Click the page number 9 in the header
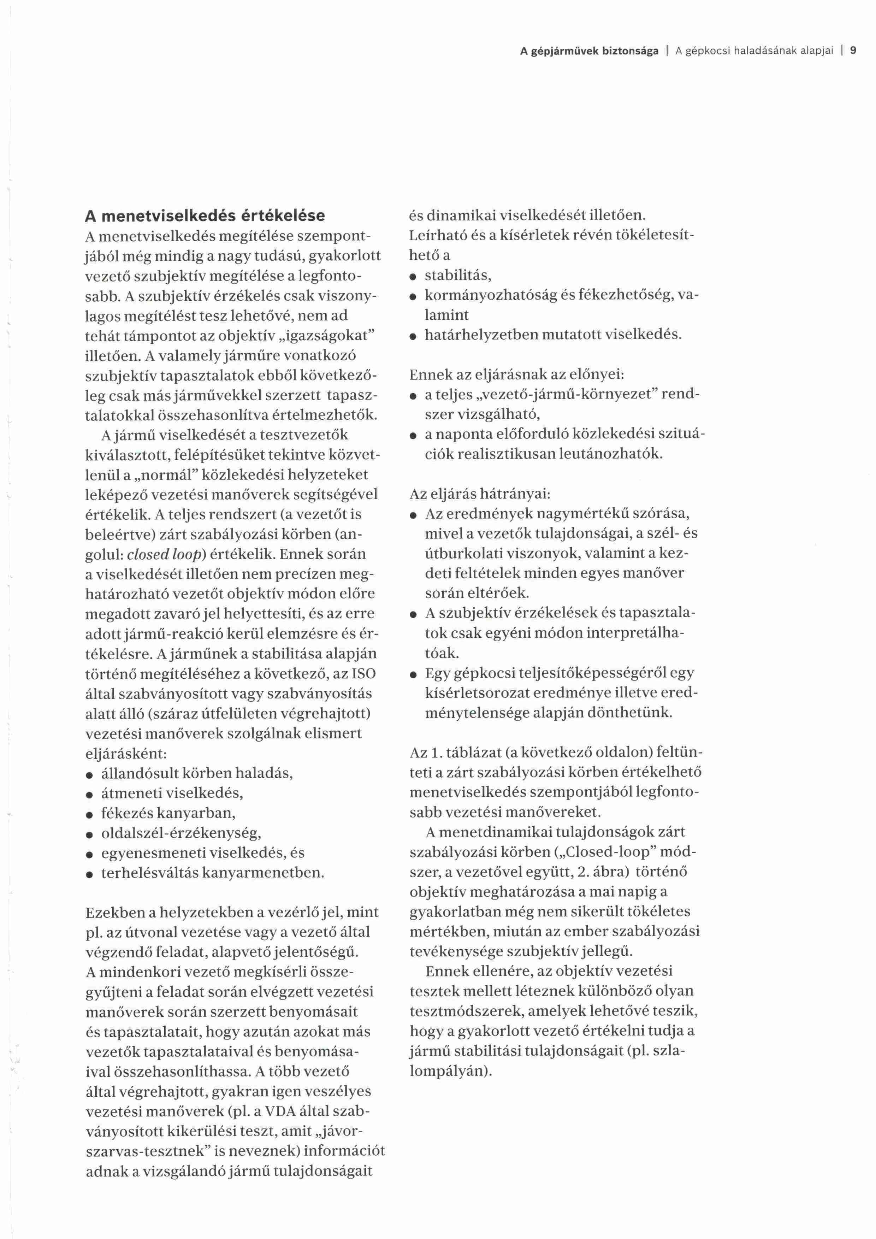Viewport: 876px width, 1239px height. pyautogui.click(x=853, y=51)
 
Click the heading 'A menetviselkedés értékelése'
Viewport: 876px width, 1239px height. pyautogui.click(x=205, y=216)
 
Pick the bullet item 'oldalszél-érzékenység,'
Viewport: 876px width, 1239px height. pyautogui.click(x=181, y=833)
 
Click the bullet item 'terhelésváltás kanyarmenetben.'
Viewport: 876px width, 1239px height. pyautogui.click(x=213, y=873)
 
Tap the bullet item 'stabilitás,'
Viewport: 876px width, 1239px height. pyautogui.click(x=458, y=276)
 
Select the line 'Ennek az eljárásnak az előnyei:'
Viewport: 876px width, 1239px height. pyautogui.click(x=516, y=374)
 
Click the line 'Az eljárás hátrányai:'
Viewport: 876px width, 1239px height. pyautogui.click(x=480, y=494)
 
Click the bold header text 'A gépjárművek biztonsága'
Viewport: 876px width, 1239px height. pyautogui.click(x=589, y=51)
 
